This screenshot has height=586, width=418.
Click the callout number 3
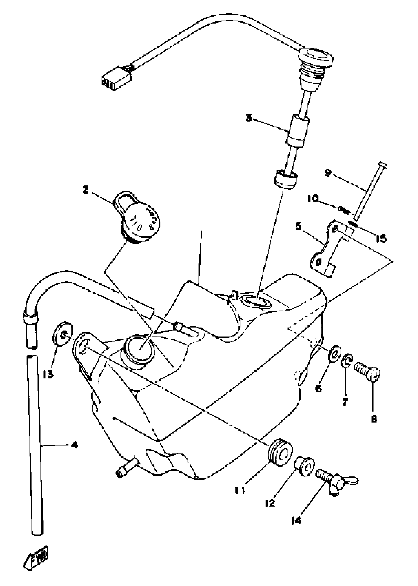248,119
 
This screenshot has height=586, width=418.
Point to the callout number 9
328,173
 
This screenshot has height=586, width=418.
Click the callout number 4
75,445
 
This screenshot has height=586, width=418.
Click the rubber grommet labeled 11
280,451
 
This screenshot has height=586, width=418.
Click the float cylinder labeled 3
298,130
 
